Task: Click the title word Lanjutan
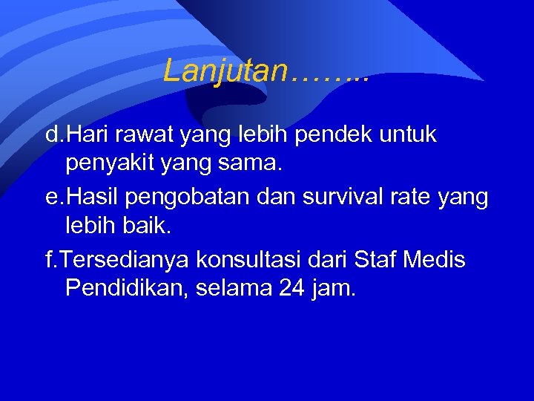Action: [x=225, y=71]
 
